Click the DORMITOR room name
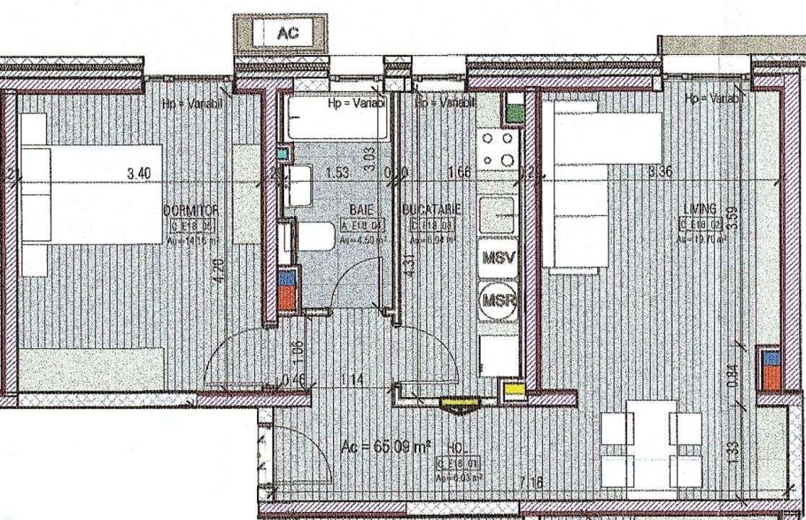point(191,209)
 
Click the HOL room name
point(457,448)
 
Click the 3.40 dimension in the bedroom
point(139,173)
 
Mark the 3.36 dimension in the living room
point(661,172)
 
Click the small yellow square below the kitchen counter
point(513,390)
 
